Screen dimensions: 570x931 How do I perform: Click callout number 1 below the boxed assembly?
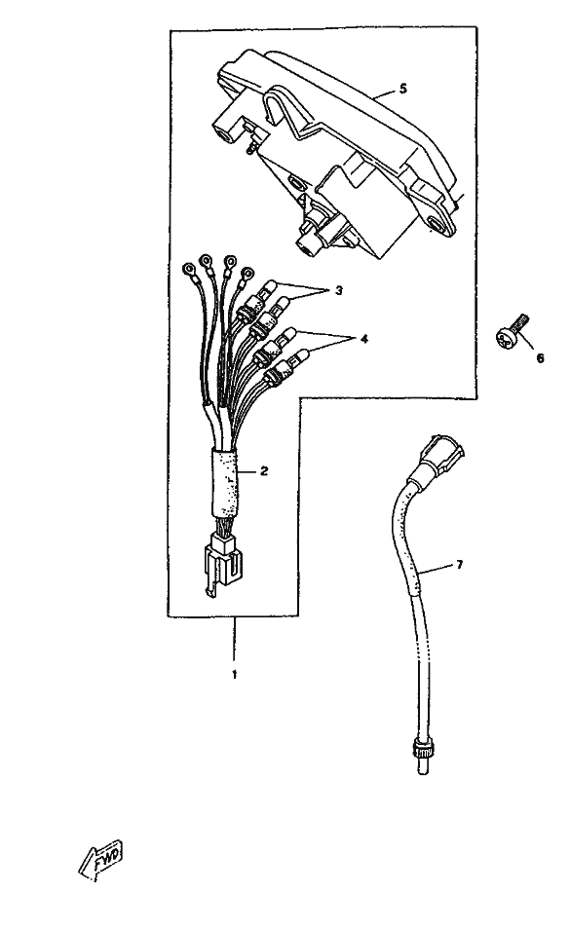pyautogui.click(x=234, y=675)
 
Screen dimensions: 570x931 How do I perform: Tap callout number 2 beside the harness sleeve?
pyautogui.click(x=264, y=470)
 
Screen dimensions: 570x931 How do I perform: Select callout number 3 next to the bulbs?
pyautogui.click(x=338, y=290)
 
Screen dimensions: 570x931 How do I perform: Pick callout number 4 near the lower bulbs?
pyautogui.click(x=363, y=339)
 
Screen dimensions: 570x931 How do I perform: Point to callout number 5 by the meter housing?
pyautogui.click(x=403, y=89)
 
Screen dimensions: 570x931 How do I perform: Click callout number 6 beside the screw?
pyautogui.click(x=540, y=358)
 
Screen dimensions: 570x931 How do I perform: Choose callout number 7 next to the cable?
pyautogui.click(x=459, y=565)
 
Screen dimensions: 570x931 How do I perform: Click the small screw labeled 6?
pyautogui.click(x=509, y=333)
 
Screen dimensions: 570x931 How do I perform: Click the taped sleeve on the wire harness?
pyautogui.click(x=224, y=483)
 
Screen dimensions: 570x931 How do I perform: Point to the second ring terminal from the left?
pyautogui.click(x=207, y=260)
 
